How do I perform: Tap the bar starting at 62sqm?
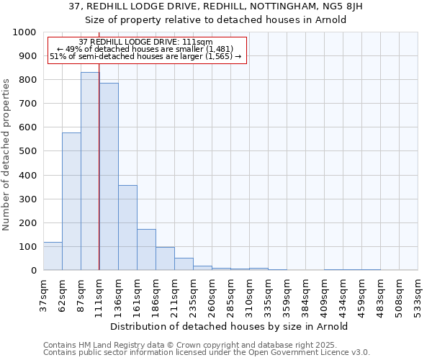coord(71,202)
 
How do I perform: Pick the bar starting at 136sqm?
coord(127,228)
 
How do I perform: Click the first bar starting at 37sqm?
coord(53,256)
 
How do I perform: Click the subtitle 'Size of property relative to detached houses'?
coord(216,19)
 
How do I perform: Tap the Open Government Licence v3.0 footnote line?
coord(206,353)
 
